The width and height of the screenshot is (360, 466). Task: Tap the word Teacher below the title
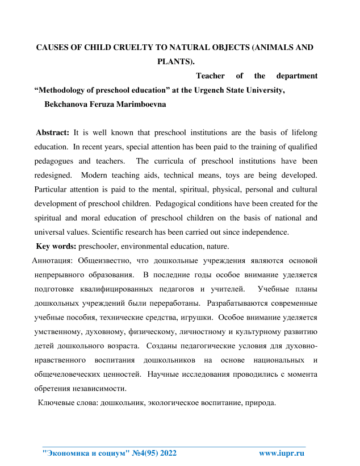point(211,76)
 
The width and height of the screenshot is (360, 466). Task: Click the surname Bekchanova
point(65,105)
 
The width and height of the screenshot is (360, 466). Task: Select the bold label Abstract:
point(53,133)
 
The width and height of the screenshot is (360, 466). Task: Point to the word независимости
point(98,389)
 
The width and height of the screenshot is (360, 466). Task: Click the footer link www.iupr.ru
point(282,453)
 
